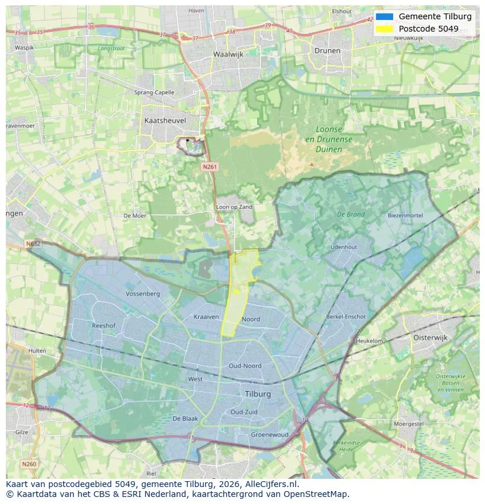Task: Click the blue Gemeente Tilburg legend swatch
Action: (x=384, y=16)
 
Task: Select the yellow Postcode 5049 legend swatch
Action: (x=384, y=29)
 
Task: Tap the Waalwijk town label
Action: (x=227, y=54)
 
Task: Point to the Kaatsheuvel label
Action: (x=165, y=121)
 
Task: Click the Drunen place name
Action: (x=327, y=50)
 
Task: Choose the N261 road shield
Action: (x=210, y=167)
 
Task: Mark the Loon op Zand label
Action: (x=234, y=207)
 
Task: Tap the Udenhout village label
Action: (x=343, y=247)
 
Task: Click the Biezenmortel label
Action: (x=405, y=215)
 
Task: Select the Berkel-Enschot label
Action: (x=346, y=317)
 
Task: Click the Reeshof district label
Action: (x=103, y=325)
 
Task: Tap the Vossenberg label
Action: (x=142, y=293)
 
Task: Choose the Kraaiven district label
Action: (x=206, y=317)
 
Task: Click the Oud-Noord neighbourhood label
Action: (x=245, y=366)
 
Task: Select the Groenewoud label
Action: (x=269, y=435)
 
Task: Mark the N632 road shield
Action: (x=33, y=244)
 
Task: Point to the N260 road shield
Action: (x=29, y=464)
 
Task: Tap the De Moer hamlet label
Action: (x=135, y=216)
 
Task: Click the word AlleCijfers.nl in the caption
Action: (x=272, y=484)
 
